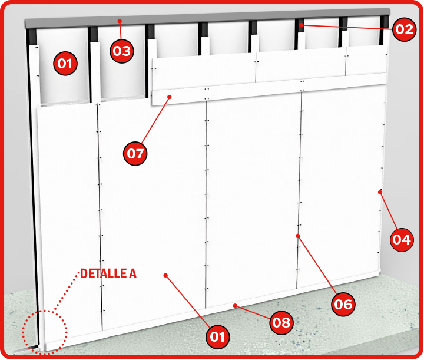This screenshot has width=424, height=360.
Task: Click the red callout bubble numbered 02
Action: [404, 29]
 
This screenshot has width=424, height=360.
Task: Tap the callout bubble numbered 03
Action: [122, 51]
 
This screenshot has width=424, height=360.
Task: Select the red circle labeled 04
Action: [402, 240]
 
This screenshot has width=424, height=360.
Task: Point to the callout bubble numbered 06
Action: [343, 304]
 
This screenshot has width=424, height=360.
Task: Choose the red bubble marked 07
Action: [135, 154]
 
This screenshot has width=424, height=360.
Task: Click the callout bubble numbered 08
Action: [281, 322]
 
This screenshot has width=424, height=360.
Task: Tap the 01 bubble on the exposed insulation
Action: [65, 64]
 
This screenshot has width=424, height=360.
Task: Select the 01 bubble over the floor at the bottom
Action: [218, 337]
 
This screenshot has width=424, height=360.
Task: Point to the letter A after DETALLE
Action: [132, 274]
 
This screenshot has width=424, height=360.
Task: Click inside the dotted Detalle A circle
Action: [45, 332]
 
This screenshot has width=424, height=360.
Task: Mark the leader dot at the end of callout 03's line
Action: [120, 21]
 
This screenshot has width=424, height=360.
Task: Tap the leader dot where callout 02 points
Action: [301, 25]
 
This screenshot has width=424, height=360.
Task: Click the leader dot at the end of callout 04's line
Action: [380, 192]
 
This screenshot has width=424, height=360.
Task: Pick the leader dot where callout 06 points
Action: [298, 236]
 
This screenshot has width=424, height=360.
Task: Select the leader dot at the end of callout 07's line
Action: [170, 97]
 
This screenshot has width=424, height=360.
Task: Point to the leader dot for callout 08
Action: [235, 306]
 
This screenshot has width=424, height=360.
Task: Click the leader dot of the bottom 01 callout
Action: [165, 275]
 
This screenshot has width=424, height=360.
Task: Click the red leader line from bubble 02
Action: [347, 27]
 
